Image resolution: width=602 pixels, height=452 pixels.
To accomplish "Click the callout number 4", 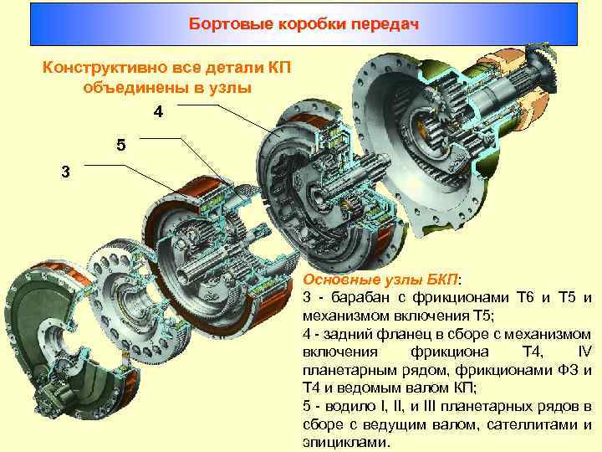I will (159, 111).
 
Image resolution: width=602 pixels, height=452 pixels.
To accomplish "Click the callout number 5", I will (122, 144).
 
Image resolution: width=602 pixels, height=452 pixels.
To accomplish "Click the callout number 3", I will (66, 172).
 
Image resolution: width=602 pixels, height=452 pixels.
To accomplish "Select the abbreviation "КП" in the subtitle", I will (275, 67).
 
